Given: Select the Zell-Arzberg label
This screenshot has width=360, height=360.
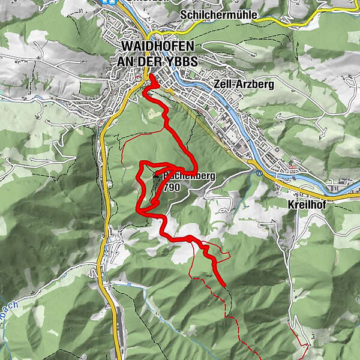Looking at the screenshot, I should tap(244, 85).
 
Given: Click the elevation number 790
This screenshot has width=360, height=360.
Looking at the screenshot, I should tap(171, 187).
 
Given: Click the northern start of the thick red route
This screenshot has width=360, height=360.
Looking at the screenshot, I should tap(150, 76).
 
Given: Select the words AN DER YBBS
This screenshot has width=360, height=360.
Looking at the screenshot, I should tap(158, 62).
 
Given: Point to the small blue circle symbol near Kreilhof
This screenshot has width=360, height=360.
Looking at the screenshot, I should tap(259, 173).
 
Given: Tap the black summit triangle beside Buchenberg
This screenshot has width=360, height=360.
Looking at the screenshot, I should tap(157, 175).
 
